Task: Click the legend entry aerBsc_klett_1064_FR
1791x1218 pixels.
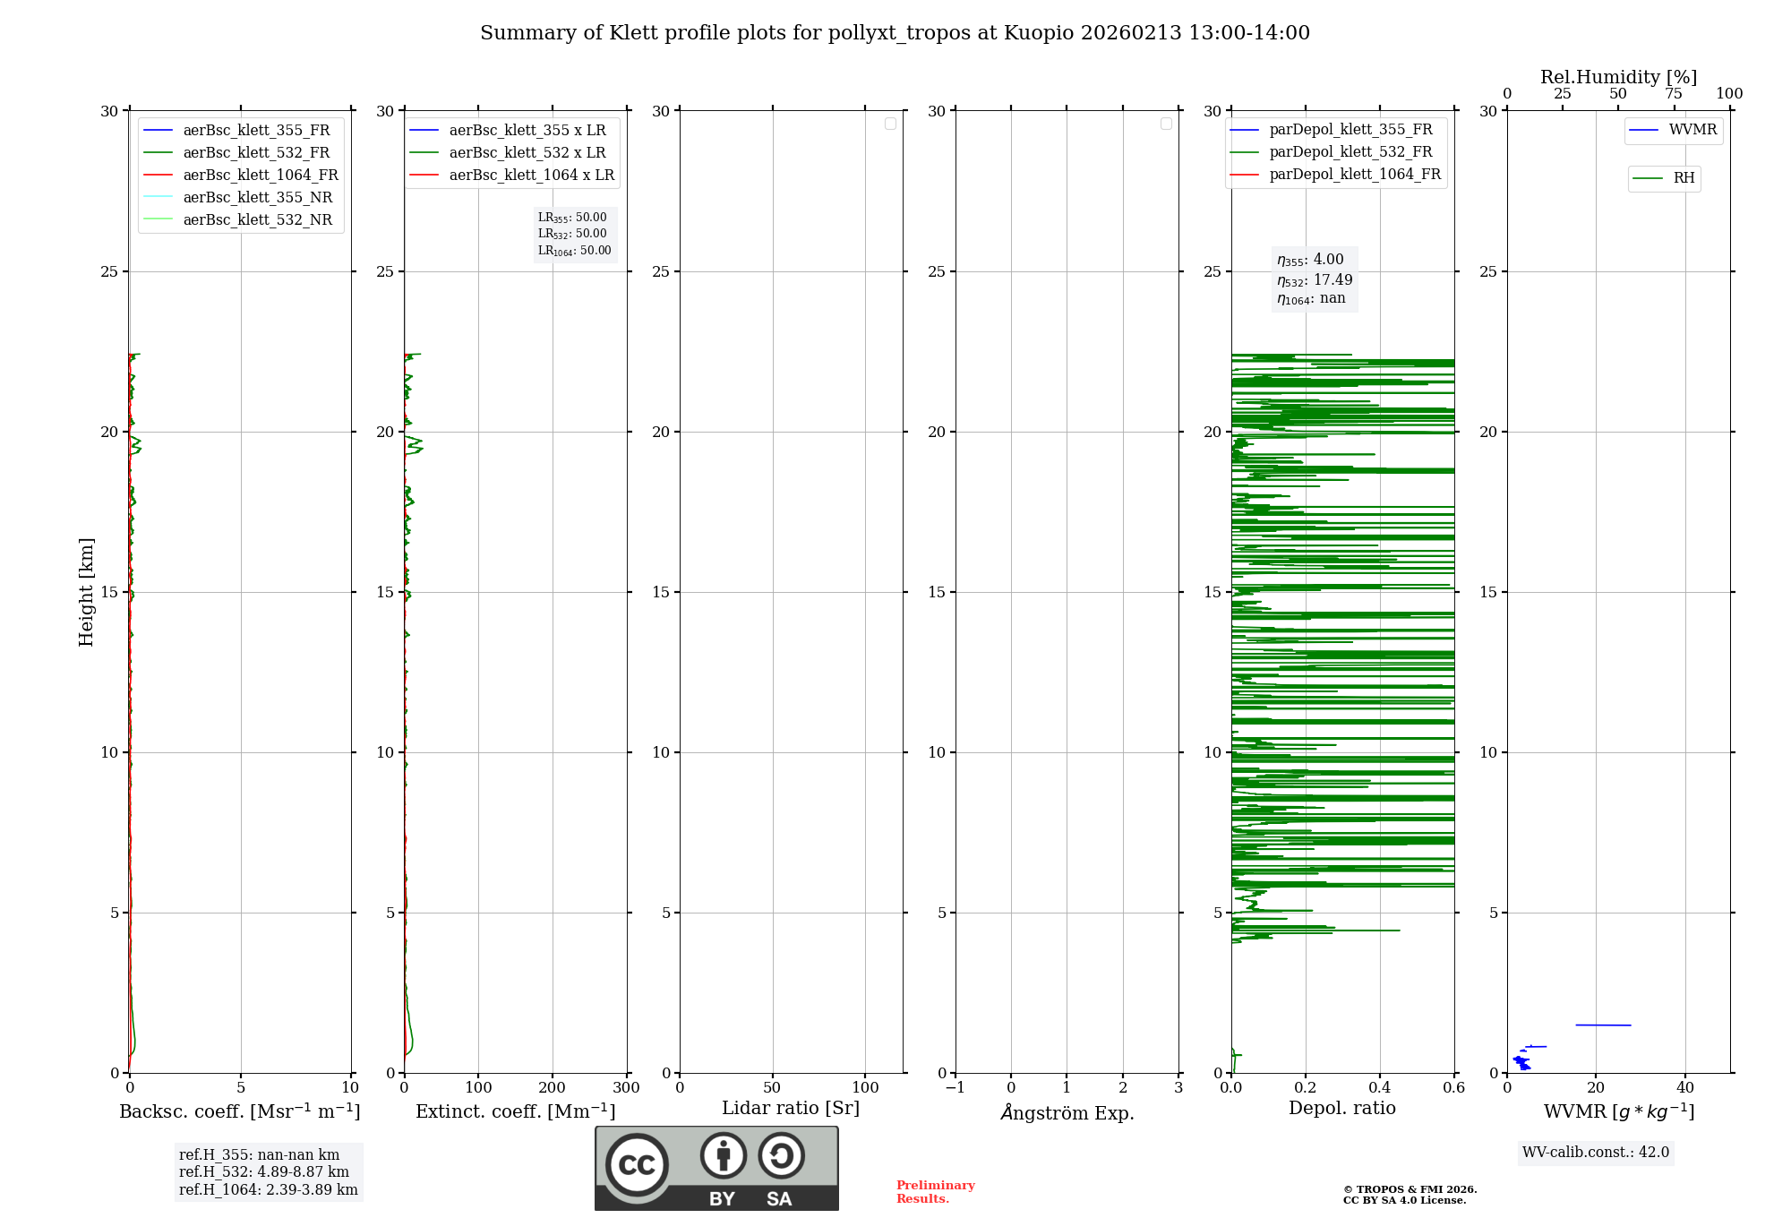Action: pos(261,176)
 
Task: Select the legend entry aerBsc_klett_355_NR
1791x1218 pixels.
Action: pos(257,198)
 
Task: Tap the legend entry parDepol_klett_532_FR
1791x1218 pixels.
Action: pos(1350,152)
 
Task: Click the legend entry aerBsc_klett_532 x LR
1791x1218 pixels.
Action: pos(527,153)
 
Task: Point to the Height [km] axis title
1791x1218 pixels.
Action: pos(86,592)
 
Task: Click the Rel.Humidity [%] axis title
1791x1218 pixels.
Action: pos(1618,77)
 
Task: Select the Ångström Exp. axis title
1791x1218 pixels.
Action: pos(1067,1112)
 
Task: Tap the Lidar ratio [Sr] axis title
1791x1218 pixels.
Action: pos(791,1108)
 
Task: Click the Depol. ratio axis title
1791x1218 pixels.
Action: pos(1341,1108)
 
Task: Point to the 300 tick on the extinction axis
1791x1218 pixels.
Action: pos(627,1088)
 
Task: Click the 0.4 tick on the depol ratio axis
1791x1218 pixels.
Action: pos(1380,1088)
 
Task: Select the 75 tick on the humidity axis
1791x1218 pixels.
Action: pos(1674,94)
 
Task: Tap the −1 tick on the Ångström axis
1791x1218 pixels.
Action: pos(955,1088)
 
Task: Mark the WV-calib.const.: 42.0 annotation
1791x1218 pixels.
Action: pos(1596,1152)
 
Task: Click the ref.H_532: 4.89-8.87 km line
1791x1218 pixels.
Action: pos(263,1172)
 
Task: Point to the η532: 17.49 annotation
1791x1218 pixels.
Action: pos(1315,280)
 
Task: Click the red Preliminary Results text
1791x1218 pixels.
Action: pos(935,1192)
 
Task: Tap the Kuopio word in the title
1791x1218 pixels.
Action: pos(1039,33)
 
